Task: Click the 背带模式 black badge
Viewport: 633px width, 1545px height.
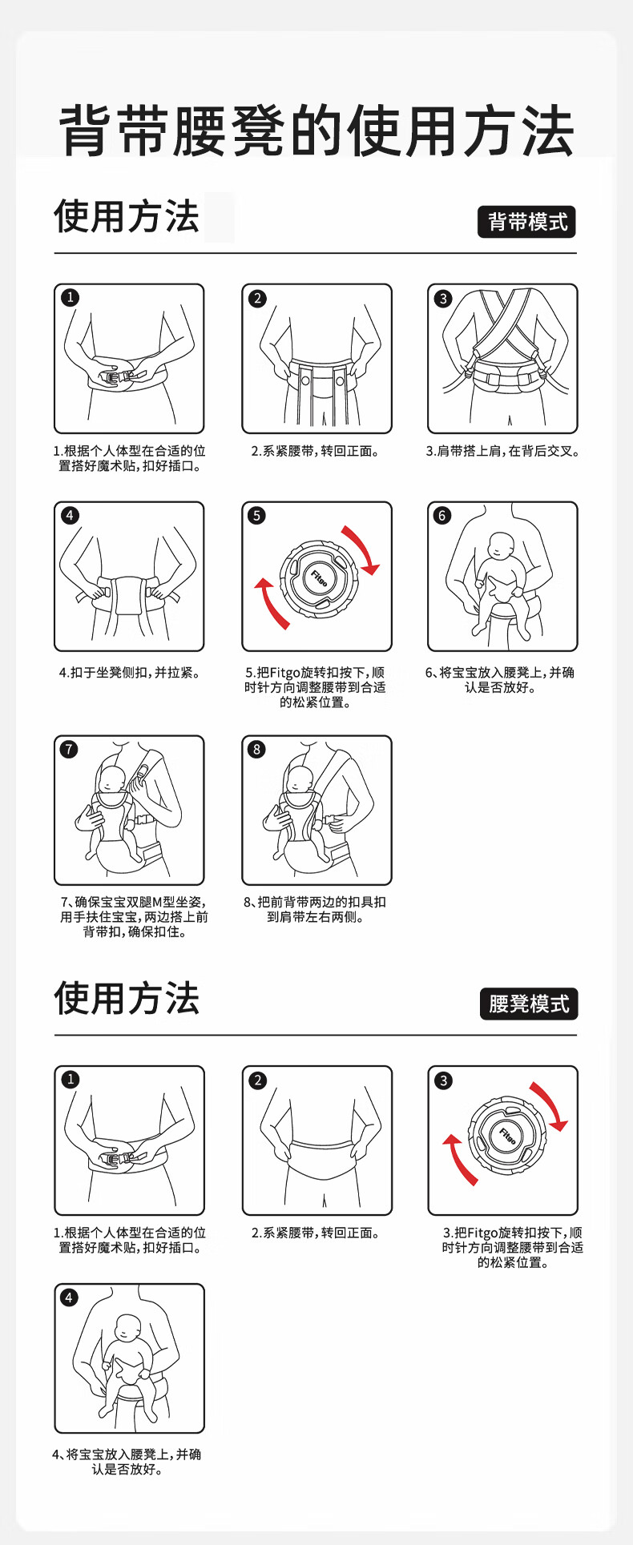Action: (526, 222)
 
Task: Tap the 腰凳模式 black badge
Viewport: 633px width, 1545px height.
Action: (529, 1004)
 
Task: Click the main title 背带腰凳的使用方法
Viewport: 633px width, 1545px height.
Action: (317, 131)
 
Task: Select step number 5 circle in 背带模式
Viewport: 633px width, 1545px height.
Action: (256, 515)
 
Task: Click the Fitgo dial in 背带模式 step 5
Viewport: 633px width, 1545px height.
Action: (318, 578)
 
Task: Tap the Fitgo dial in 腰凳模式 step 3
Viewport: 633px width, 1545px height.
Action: (507, 1136)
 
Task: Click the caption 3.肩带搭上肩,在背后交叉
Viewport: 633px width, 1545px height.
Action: (502, 452)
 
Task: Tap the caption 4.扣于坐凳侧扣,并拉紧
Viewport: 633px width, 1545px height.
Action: (130, 673)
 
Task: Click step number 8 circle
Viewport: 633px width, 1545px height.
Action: (256, 749)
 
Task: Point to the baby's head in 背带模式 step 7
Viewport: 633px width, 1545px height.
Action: (111, 779)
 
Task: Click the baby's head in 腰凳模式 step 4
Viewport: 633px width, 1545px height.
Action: (128, 1328)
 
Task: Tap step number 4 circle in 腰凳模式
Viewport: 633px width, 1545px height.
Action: (70, 1297)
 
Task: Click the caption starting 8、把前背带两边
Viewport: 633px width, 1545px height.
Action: (316, 910)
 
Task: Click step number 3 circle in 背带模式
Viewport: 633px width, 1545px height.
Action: (443, 299)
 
